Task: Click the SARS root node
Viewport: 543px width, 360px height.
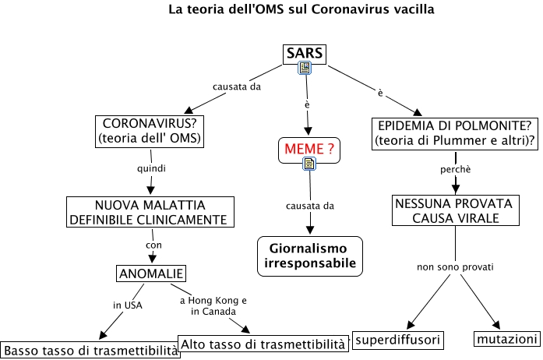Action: coord(304,54)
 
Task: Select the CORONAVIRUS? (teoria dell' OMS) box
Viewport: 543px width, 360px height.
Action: coord(148,131)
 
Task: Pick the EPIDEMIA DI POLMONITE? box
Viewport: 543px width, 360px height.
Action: coord(455,131)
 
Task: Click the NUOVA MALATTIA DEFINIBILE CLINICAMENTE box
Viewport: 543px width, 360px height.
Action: coord(150,212)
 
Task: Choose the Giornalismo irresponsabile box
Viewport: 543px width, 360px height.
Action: coord(310,255)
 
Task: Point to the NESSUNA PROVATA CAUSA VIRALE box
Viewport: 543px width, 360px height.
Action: coord(453,210)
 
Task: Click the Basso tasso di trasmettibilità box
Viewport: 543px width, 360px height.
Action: coord(90,349)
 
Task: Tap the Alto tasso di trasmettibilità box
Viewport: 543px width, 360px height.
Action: coord(263,343)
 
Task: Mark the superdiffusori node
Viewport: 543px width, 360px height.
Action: coord(398,340)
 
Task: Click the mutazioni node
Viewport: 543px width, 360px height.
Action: coord(506,340)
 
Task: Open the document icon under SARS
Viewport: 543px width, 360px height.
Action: coord(304,69)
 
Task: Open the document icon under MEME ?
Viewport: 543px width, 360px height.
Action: coord(309,162)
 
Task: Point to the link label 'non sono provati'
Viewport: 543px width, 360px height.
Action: coord(456,267)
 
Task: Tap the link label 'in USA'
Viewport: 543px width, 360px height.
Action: coord(127,305)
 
